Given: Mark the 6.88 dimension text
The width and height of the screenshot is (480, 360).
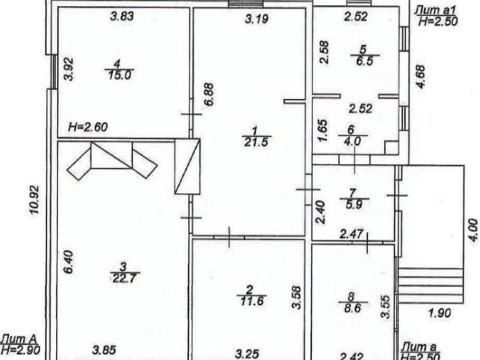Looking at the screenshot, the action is pyautogui.click(x=209, y=98).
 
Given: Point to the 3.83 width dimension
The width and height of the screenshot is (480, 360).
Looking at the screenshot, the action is pyautogui.click(x=122, y=16).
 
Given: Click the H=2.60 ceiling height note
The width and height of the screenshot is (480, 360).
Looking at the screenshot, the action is pyautogui.click(x=88, y=127).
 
